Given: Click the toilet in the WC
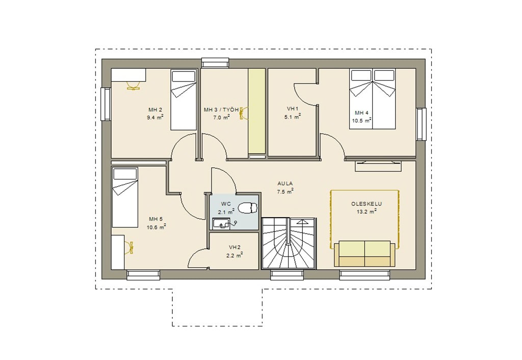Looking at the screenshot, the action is click(x=248, y=208).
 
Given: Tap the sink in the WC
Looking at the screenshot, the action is click(x=221, y=224).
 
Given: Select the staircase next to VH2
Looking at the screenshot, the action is click(x=289, y=243).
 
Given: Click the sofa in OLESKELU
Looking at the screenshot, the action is click(x=364, y=253).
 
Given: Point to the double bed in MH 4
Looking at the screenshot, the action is click(x=372, y=99).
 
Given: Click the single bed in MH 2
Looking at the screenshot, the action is click(x=184, y=99).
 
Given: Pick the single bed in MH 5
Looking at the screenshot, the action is click(x=125, y=197).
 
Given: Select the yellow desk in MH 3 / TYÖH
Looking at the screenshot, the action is click(x=257, y=112).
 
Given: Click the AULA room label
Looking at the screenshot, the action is click(x=285, y=183).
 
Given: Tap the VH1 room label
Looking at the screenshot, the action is click(x=293, y=109).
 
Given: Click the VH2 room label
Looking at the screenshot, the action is click(x=234, y=247).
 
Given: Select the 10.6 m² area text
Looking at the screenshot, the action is click(x=156, y=227).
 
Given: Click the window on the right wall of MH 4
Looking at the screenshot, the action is click(x=421, y=124).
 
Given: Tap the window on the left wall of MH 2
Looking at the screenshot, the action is click(x=106, y=104).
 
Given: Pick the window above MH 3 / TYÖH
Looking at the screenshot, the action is click(x=216, y=63).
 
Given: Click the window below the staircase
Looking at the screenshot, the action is click(x=287, y=275).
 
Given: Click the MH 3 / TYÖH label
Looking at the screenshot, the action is click(x=221, y=110).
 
